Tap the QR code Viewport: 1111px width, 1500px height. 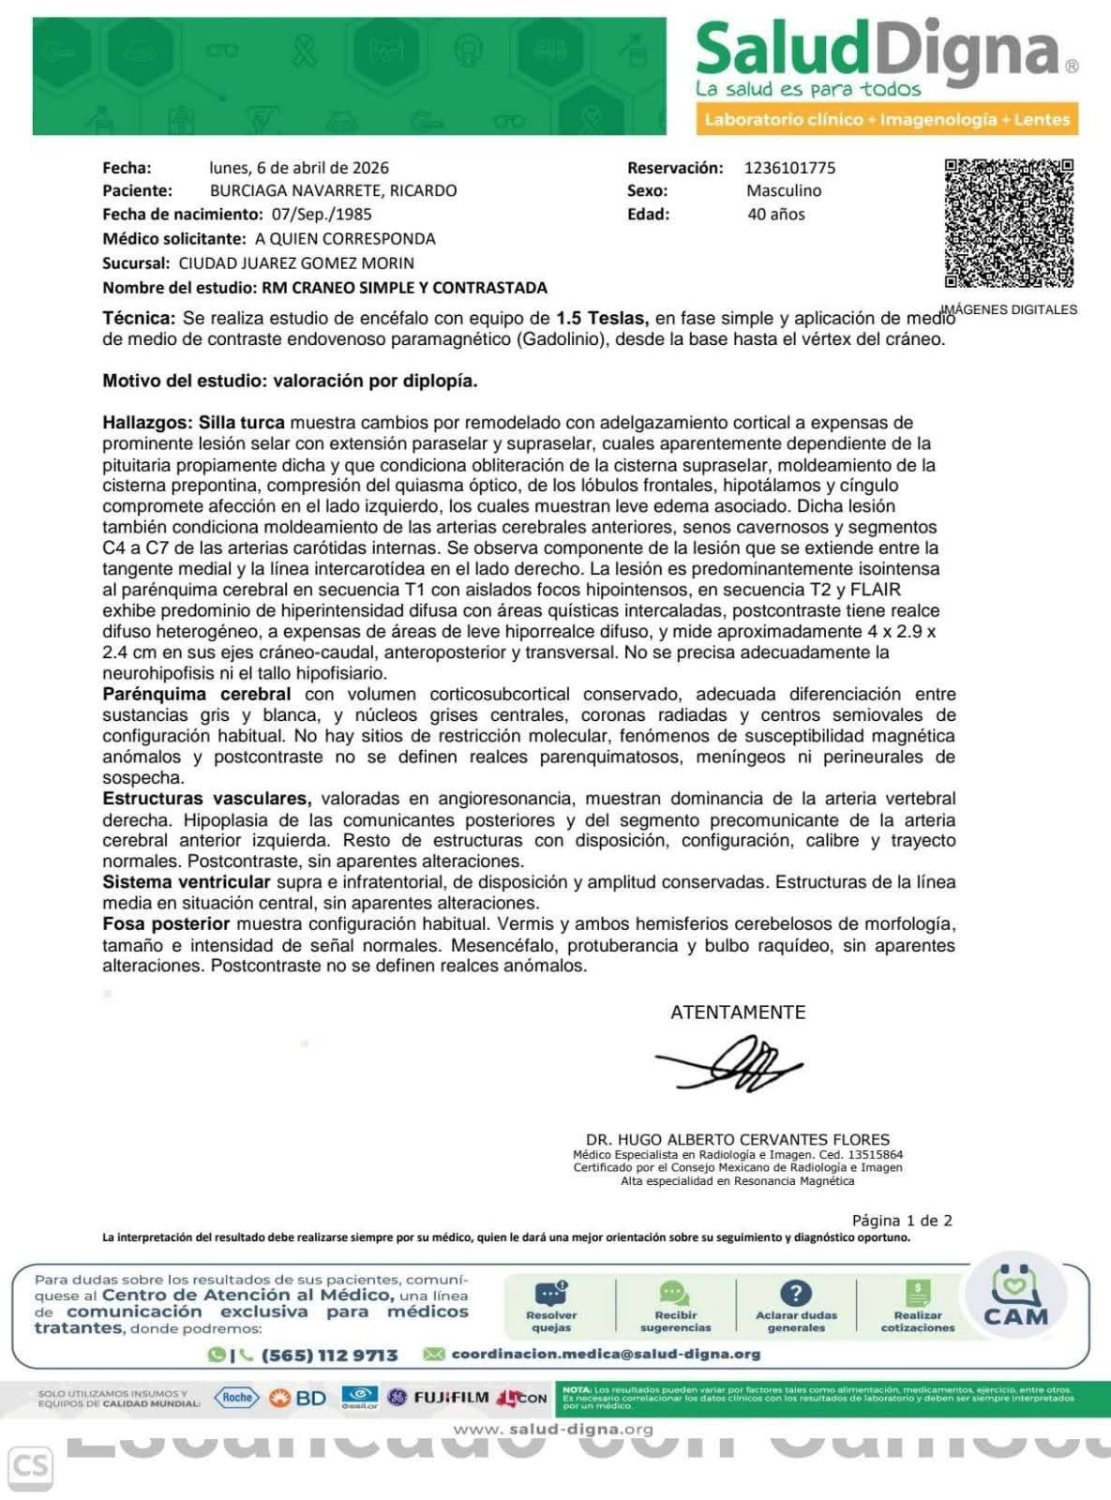click(x=1009, y=224)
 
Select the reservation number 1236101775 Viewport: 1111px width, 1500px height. click(x=789, y=168)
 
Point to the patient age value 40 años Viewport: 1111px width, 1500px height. click(x=776, y=214)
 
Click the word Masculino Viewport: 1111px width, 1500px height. click(x=784, y=190)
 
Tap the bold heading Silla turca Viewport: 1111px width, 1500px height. click(x=241, y=423)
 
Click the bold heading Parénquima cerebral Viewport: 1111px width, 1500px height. click(x=196, y=695)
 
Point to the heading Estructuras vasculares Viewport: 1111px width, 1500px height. click(x=206, y=799)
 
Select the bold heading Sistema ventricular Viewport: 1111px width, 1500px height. click(x=187, y=882)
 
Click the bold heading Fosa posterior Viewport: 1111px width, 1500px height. click(x=166, y=923)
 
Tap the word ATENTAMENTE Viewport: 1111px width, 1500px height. click(x=738, y=1012)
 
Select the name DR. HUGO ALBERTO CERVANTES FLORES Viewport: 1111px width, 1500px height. click(x=738, y=1140)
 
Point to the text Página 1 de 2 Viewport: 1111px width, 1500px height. click(x=901, y=1221)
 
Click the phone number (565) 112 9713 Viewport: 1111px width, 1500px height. click(x=329, y=1356)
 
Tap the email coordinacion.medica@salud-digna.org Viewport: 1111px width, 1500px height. click(x=606, y=1355)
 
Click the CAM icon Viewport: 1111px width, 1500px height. click(x=1015, y=1298)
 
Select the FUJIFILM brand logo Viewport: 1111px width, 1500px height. click(x=451, y=1398)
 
